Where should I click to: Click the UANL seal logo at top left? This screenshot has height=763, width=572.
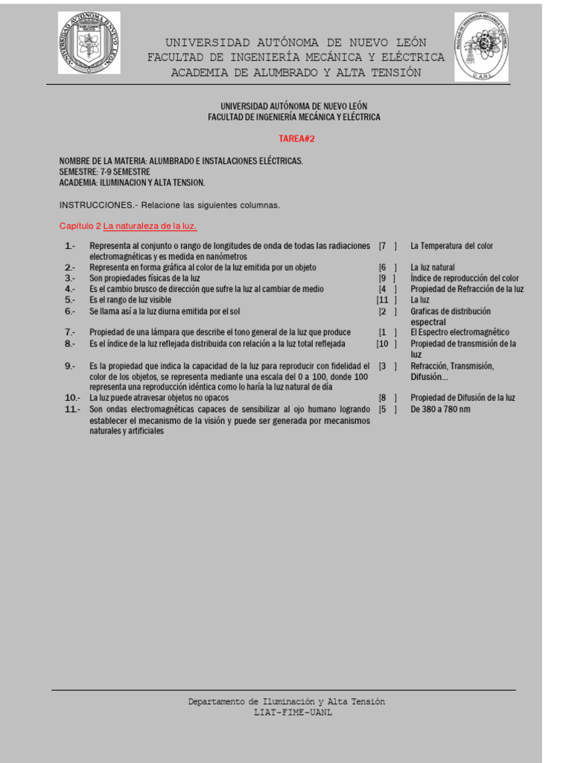click(x=89, y=43)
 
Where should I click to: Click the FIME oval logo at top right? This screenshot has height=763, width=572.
click(x=482, y=46)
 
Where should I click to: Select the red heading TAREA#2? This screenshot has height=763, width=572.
click(x=291, y=139)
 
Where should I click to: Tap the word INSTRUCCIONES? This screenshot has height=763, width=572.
click(x=95, y=205)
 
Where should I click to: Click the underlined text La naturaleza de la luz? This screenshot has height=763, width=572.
click(x=150, y=226)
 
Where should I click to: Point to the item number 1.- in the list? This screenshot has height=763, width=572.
click(x=70, y=246)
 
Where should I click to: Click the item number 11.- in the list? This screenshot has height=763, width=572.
click(x=71, y=409)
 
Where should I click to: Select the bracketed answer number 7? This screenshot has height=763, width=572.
click(x=383, y=246)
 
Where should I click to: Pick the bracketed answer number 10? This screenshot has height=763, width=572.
click(x=383, y=343)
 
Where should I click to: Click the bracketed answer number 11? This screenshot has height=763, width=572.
click(x=383, y=300)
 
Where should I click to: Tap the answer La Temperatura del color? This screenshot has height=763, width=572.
click(x=451, y=246)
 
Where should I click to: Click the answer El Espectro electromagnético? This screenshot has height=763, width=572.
click(x=460, y=332)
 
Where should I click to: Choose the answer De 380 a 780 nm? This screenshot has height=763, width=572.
click(x=440, y=409)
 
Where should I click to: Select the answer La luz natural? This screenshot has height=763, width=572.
click(x=432, y=267)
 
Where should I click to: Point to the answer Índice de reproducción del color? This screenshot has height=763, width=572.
click(x=465, y=279)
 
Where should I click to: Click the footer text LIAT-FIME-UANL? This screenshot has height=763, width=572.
click(x=293, y=712)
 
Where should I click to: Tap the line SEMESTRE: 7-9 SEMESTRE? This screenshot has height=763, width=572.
click(x=104, y=172)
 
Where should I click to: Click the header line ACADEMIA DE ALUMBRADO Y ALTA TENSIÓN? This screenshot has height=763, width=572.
click(x=296, y=72)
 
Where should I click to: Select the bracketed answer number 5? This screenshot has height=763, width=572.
click(x=383, y=409)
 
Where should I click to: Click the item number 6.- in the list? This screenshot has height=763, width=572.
click(x=70, y=311)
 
